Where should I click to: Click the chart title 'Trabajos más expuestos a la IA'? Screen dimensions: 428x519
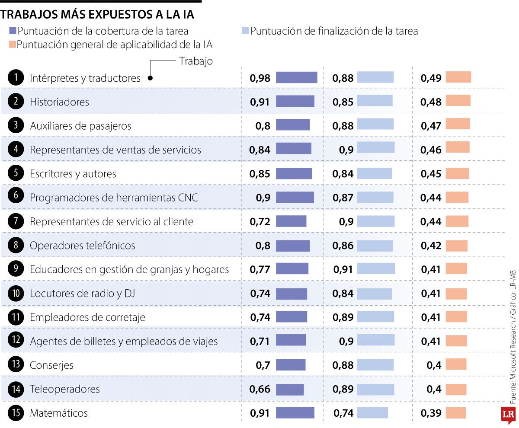point(97,14)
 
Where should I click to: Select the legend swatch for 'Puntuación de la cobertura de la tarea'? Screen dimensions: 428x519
point(12,31)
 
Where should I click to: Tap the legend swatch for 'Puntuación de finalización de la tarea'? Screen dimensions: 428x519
point(245,31)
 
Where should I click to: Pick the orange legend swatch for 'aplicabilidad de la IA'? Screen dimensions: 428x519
point(12,45)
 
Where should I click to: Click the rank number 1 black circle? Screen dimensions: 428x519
point(16,78)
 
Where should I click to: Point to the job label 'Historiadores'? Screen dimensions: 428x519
point(59,102)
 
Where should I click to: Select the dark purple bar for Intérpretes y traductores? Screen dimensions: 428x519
point(296,77)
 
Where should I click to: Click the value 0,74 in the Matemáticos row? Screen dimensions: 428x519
point(343,413)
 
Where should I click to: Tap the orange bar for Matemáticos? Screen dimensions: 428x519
point(455,413)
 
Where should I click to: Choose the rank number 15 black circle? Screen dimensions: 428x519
point(16,413)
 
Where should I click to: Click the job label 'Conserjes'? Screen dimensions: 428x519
point(51,365)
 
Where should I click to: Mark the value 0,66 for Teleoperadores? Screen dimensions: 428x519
point(259,389)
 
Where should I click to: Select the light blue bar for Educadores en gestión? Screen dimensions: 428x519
point(376,269)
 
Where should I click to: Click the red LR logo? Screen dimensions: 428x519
point(508,415)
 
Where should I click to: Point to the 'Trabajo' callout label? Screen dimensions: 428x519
point(196,61)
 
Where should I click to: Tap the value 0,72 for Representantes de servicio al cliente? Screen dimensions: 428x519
point(260,222)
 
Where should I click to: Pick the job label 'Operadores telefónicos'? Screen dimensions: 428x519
point(82,246)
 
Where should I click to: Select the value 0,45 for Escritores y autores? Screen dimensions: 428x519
point(431,174)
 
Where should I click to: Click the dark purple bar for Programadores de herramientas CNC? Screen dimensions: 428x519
point(295,197)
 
